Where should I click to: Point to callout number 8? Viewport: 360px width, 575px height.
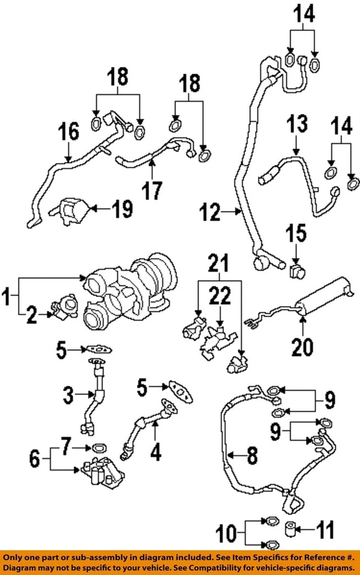tap(252, 458)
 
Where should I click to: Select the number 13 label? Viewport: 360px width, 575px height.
tap(297, 126)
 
